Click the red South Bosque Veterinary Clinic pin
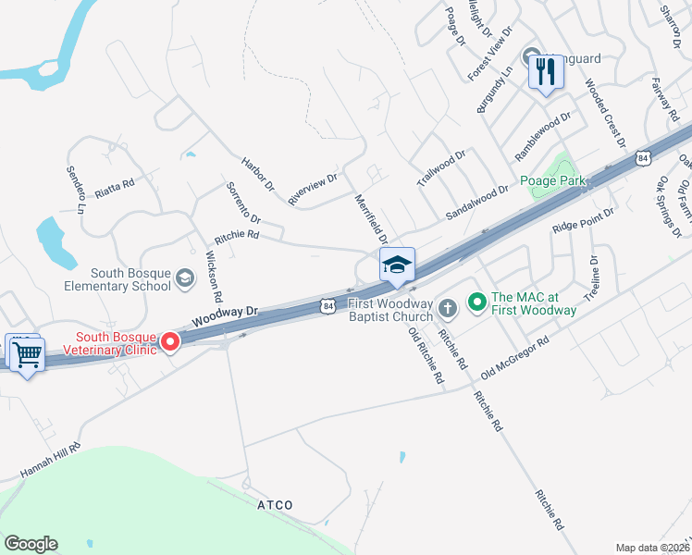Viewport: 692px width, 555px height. tap(170, 342)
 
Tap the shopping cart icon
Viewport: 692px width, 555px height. tap(26, 352)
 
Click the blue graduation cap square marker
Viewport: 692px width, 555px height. tap(397, 266)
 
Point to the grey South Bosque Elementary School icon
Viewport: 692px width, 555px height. tap(184, 278)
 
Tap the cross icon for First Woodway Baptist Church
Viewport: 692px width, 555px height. tap(448, 307)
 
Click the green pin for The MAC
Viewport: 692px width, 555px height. tap(476, 301)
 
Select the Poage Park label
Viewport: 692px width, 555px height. tap(552, 180)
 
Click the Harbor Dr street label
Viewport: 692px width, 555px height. tap(258, 173)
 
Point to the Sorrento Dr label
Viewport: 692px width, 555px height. tap(243, 203)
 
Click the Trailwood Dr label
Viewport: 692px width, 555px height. tap(440, 168)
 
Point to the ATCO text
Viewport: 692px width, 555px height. tap(275, 505)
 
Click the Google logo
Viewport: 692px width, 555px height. tap(31, 544)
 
